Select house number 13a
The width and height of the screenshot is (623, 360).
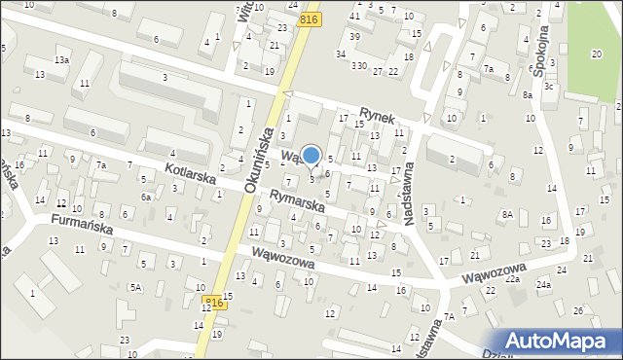pos(61,59)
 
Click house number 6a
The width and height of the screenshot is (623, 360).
pos(146,197)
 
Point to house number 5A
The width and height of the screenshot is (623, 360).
pos(136,287)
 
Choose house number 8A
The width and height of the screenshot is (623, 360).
pos(506,214)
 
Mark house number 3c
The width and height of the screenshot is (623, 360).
pos(549,87)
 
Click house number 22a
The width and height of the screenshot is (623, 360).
pos(512,278)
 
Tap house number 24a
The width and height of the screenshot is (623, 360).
pos(543,285)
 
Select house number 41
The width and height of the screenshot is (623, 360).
pos(354,17)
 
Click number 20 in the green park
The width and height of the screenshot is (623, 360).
pos(596,54)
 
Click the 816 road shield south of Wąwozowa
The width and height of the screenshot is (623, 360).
pos(214,304)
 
